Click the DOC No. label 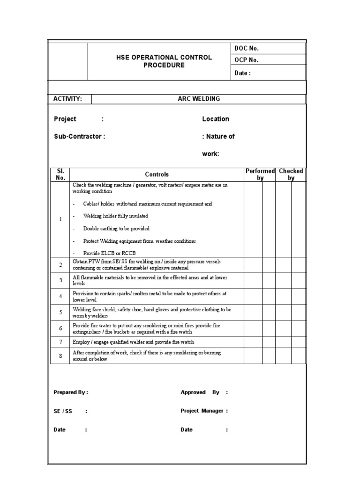point(246,48)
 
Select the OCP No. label point(246,60)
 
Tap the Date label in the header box point(242,73)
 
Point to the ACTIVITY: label point(68,99)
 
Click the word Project point(65,119)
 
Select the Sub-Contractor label point(78,136)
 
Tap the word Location point(216,119)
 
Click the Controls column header point(157,174)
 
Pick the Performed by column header point(260,174)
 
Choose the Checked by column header point(291,174)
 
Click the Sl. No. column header point(60,174)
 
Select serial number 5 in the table point(60,313)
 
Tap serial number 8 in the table point(60,356)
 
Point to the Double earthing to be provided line point(116,229)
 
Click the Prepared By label point(70,393)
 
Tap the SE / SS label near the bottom point(63,411)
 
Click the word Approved point(193,393)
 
